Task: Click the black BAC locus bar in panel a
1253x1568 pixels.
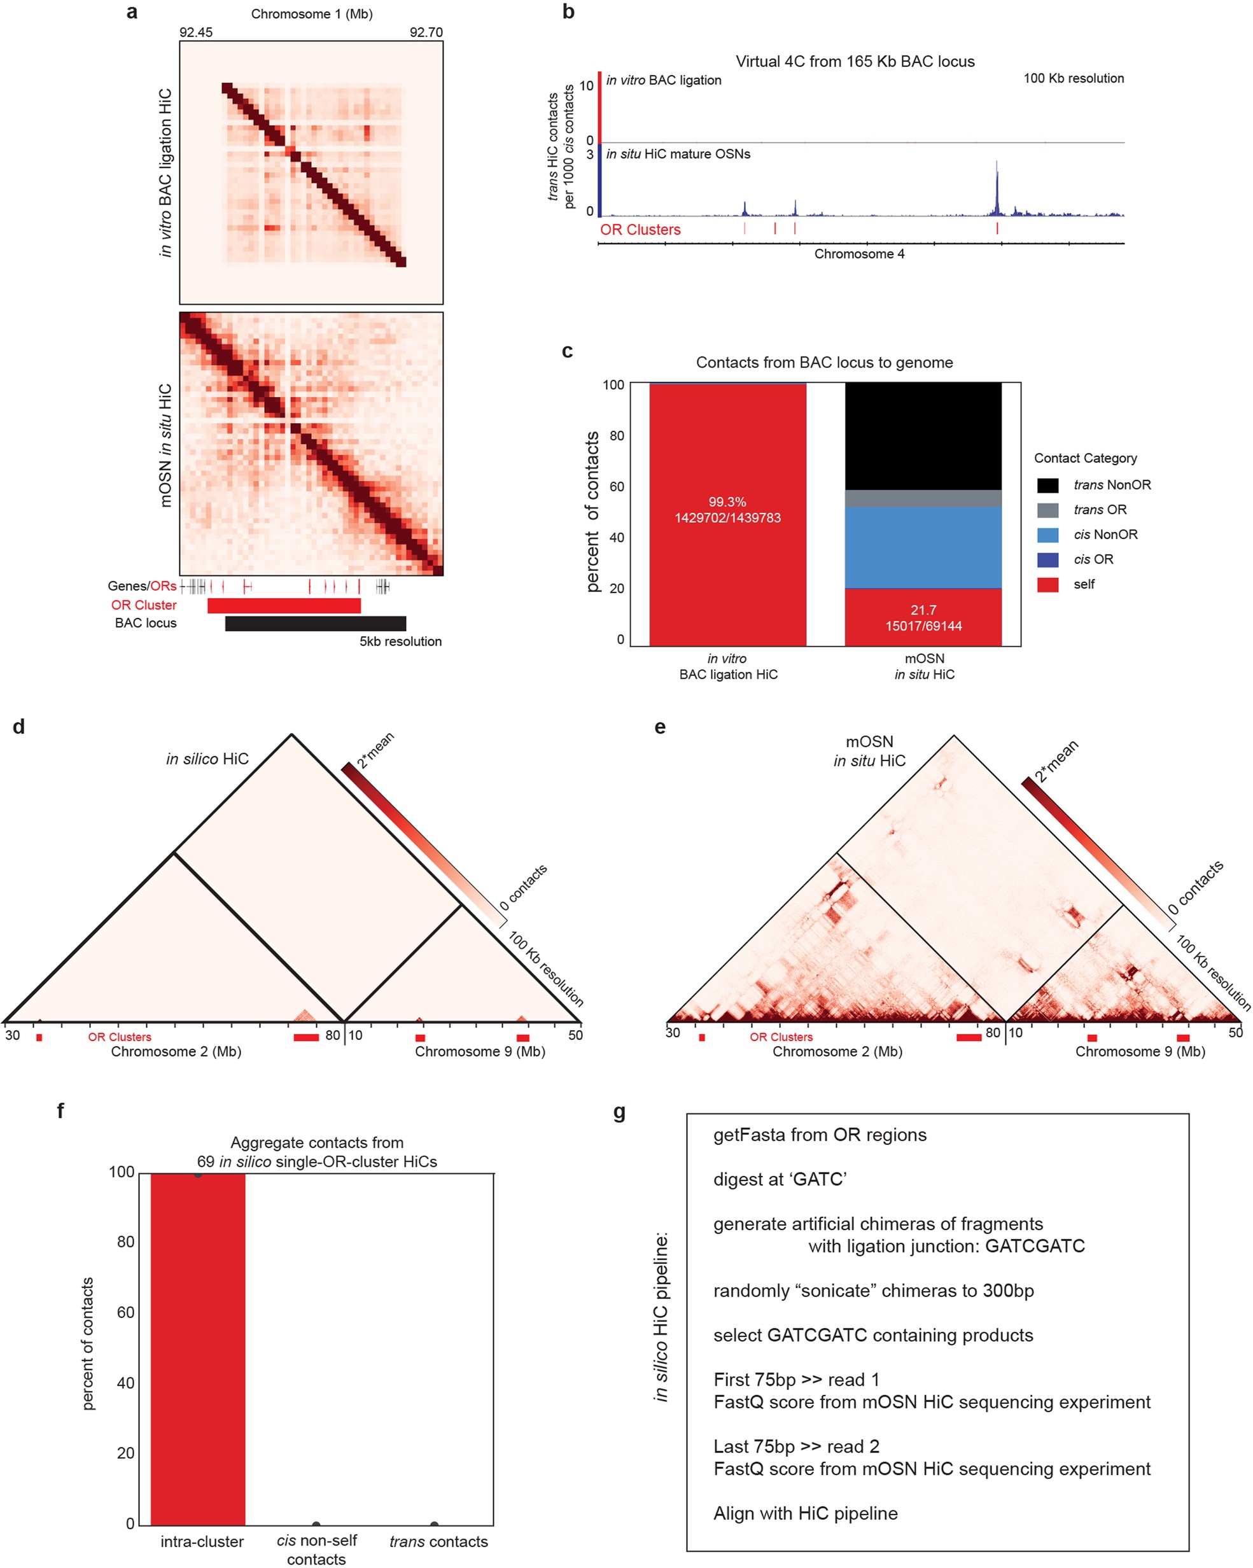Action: (x=315, y=623)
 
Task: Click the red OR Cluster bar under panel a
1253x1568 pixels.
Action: (x=284, y=605)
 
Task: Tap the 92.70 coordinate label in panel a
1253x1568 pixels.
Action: (x=426, y=32)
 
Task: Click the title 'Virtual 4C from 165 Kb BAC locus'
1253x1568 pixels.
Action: (x=855, y=61)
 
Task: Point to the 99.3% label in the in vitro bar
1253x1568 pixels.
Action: (x=727, y=502)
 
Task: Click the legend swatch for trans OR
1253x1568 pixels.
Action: (x=1047, y=510)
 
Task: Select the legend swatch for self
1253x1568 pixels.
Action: (x=1047, y=584)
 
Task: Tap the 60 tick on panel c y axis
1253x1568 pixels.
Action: (x=616, y=487)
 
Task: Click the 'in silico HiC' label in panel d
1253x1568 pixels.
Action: (x=207, y=759)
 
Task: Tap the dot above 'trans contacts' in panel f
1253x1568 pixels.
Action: (x=434, y=1524)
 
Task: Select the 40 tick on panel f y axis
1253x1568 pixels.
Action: (x=126, y=1383)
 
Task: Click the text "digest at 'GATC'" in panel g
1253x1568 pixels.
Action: (x=780, y=1179)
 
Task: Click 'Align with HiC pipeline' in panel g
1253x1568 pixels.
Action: (x=805, y=1513)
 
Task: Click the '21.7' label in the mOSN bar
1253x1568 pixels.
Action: (x=923, y=610)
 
